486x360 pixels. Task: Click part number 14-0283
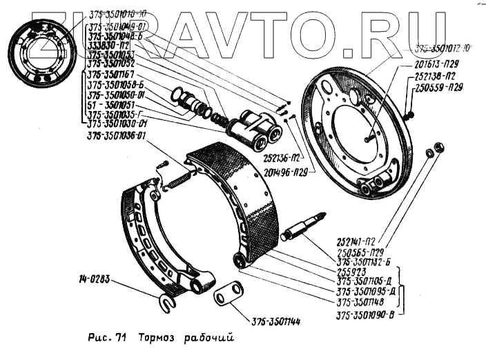click(94, 280)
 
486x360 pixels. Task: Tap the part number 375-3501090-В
click(365, 316)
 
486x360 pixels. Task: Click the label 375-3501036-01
click(117, 137)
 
